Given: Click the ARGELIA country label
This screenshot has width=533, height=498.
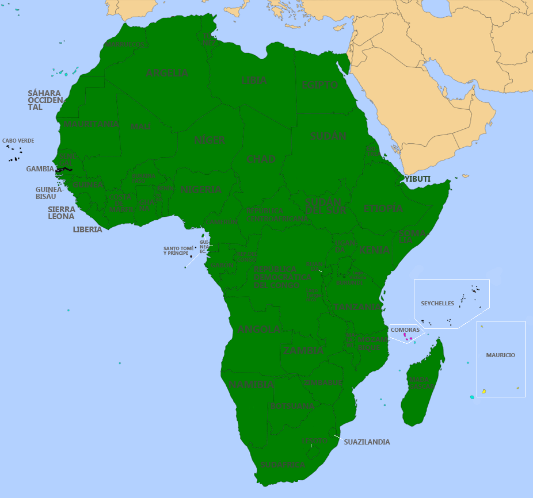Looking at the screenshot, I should (x=167, y=73).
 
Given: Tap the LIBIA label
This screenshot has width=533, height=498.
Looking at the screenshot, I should (x=254, y=81).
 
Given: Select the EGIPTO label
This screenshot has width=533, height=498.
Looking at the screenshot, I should (x=319, y=85).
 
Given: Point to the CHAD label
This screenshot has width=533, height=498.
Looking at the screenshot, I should (x=261, y=159).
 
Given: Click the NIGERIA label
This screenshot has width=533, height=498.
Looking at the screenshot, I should (x=201, y=189).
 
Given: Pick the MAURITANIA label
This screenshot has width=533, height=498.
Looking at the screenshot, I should (x=92, y=124).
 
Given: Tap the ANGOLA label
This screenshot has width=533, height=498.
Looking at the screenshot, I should (x=259, y=330).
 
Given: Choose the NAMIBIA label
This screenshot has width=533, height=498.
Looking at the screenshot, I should (x=251, y=385).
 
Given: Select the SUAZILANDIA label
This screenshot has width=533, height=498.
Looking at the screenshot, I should (x=367, y=442).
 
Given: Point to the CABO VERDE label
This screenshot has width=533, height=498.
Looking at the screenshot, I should (x=18, y=140).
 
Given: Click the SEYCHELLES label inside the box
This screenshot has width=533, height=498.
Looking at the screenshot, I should (x=437, y=303).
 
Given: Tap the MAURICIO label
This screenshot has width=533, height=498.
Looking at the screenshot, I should (x=500, y=355).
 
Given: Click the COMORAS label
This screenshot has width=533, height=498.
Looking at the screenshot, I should (x=405, y=330).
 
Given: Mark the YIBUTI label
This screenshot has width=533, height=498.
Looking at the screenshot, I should (x=417, y=179).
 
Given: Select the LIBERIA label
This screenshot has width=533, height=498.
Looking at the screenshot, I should (x=87, y=229).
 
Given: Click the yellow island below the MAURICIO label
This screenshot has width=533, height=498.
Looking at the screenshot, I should (x=483, y=392).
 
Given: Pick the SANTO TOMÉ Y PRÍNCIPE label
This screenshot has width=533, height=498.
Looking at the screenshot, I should (x=178, y=251).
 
